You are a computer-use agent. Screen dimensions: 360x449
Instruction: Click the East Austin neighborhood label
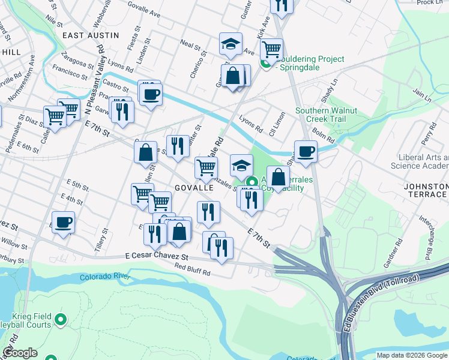pos(91,35)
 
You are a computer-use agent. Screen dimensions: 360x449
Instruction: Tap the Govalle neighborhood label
pos(194,188)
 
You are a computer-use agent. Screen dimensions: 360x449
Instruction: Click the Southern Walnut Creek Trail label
pos(327,115)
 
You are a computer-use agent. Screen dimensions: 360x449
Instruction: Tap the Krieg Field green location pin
pos(61,320)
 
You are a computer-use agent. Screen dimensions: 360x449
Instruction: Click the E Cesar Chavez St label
pos(157,256)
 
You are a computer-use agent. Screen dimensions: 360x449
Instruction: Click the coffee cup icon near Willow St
pos(63,223)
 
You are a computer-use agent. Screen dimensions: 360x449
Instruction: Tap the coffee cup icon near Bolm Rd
pos(306,152)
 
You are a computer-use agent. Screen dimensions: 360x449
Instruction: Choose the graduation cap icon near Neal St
pos(231,44)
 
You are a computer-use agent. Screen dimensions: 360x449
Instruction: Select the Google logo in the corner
pos(20,353)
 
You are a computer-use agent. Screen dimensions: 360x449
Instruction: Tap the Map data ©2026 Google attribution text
pos(412,355)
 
